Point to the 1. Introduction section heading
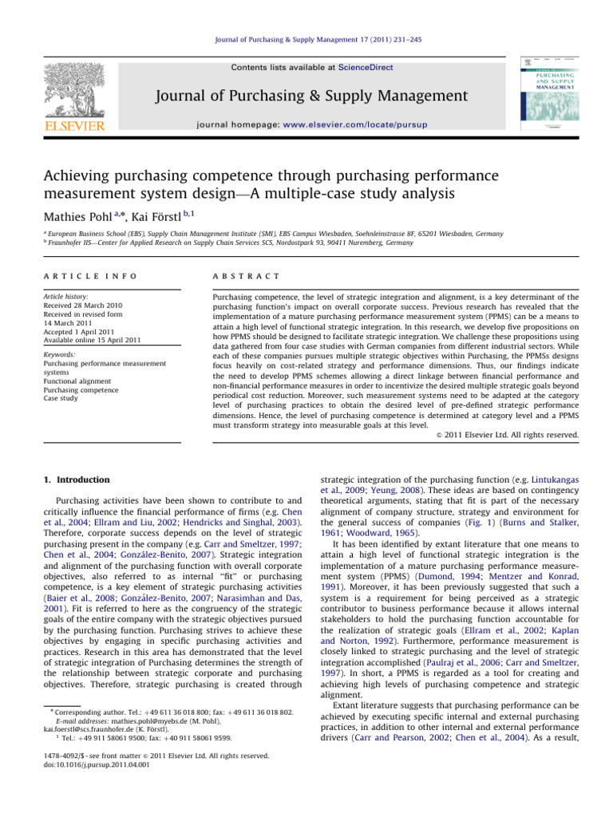click(69, 480)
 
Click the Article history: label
click(67, 294)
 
